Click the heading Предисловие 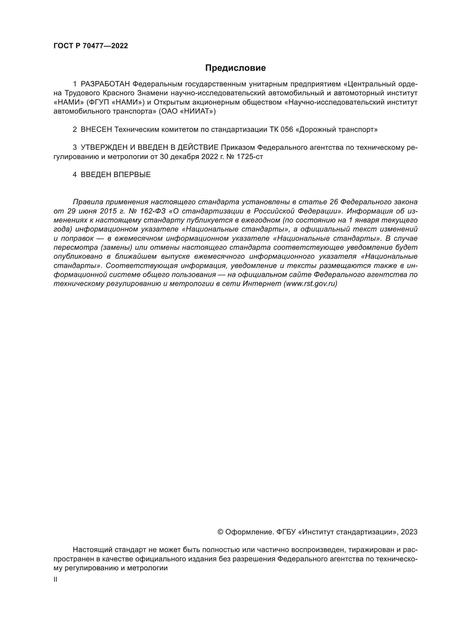click(x=235, y=68)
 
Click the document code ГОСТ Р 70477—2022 click(x=91, y=46)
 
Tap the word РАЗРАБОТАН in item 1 click(x=105, y=84)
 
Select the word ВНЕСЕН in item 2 click(x=96, y=130)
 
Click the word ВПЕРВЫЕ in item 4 click(x=132, y=175)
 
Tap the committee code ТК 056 click(x=281, y=130)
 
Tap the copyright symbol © click(x=220, y=532)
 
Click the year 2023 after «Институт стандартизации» click(x=409, y=532)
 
